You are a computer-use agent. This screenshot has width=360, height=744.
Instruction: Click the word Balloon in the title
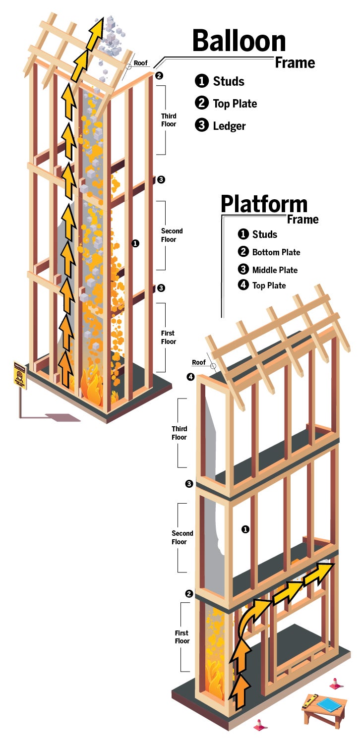[x=239, y=41]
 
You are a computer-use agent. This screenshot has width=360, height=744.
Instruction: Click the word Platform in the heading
[x=264, y=204]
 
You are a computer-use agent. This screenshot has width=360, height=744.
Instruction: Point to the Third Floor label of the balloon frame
[x=169, y=120]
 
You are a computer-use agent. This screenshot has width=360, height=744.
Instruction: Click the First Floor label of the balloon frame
[x=169, y=337]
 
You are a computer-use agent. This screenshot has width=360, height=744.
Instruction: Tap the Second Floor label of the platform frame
[x=182, y=537]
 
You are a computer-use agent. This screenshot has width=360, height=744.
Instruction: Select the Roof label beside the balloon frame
[x=141, y=63]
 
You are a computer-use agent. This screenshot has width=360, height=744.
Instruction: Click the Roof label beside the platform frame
[x=199, y=362]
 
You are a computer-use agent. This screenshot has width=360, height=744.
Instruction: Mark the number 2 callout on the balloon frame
[x=159, y=76]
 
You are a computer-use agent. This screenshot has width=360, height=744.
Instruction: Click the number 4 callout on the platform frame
[x=190, y=377]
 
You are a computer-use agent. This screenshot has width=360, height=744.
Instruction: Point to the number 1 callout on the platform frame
[x=245, y=529]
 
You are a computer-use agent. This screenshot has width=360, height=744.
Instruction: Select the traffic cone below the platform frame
[x=260, y=725]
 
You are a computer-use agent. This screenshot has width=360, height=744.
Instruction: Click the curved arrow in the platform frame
[x=250, y=620]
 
